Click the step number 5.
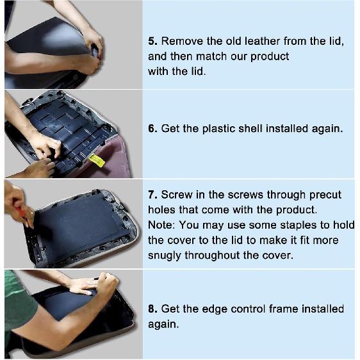(152, 41)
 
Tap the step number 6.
(152, 128)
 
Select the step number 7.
(152, 195)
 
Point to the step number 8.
(152, 309)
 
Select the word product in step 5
(268, 56)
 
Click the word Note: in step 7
(162, 225)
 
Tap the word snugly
(165, 256)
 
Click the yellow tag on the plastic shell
(97, 160)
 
